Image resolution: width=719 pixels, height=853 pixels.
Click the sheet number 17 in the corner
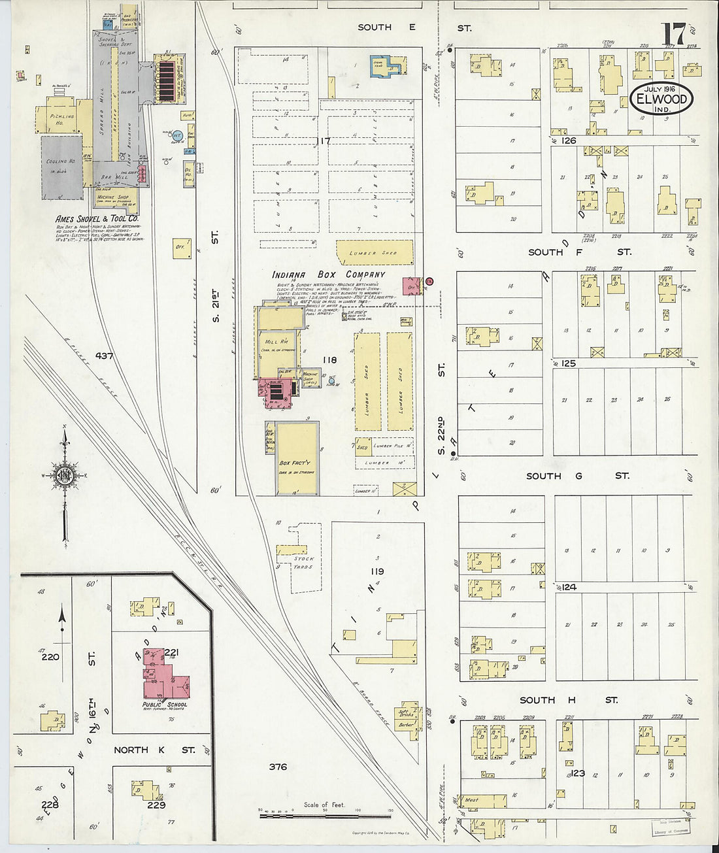(x=673, y=33)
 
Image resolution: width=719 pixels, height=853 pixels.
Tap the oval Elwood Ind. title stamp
(x=661, y=99)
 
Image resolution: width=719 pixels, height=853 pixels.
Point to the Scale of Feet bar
(x=325, y=816)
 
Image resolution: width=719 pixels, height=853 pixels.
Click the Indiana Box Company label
(x=329, y=275)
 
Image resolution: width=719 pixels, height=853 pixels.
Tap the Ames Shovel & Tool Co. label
(x=97, y=218)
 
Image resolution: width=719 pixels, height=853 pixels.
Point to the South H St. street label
(x=568, y=700)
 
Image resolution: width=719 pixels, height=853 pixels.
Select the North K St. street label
(x=154, y=750)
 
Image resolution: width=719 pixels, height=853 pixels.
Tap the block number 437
(x=104, y=356)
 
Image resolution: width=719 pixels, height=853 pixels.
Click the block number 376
(x=278, y=767)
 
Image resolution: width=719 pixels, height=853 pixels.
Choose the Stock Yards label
(x=304, y=562)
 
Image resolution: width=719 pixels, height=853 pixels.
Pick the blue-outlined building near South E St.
(x=388, y=66)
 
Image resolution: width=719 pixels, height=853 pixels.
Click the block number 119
(x=377, y=571)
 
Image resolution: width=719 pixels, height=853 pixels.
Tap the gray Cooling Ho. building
(x=63, y=167)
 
